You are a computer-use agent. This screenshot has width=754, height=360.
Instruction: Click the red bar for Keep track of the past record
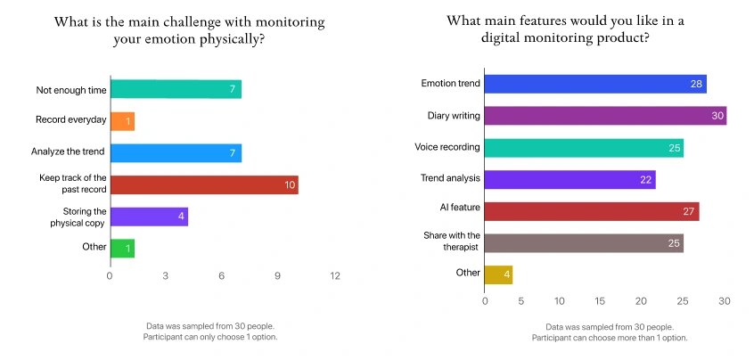203,184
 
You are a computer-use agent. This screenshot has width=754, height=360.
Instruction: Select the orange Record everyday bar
122,120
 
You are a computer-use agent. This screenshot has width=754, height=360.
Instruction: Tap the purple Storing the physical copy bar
149,217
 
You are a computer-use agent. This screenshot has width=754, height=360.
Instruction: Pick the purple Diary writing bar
605,116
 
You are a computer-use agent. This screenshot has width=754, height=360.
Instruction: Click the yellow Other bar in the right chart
498,274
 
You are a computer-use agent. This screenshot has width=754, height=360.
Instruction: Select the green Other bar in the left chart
122,248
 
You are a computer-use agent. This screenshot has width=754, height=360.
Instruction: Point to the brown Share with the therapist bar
584,241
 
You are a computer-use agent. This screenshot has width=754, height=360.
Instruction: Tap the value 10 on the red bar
289,185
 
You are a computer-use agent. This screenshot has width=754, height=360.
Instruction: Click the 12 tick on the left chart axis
335,276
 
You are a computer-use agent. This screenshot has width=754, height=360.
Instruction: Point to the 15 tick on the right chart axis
600,301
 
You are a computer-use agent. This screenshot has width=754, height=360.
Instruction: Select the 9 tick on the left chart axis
278,276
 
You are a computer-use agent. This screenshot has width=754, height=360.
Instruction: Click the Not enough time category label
71,90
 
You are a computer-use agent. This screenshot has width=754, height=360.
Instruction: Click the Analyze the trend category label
70,152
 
